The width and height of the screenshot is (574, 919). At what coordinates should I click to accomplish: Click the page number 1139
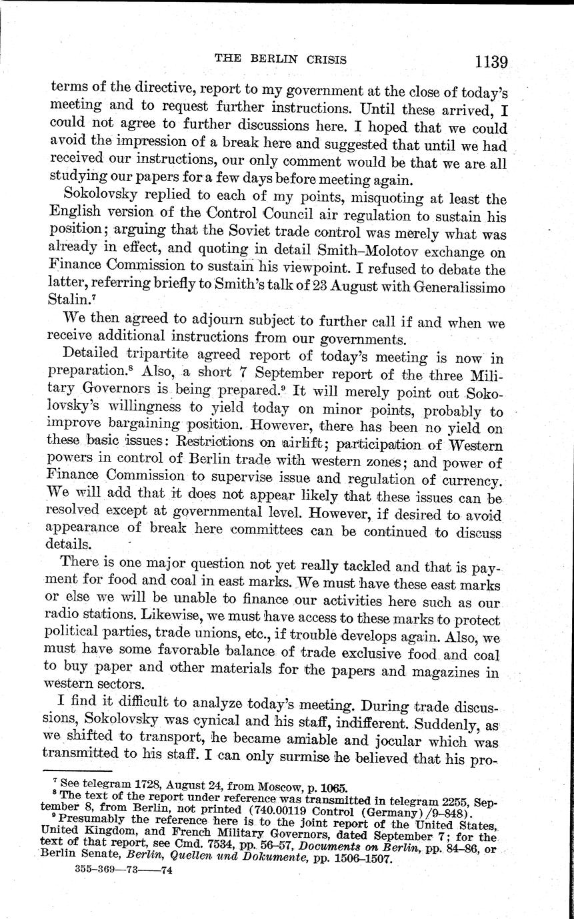491,62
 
